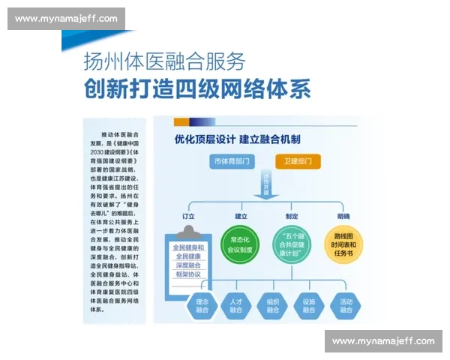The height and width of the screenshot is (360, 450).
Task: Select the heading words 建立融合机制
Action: pyautogui.click(x=270, y=139)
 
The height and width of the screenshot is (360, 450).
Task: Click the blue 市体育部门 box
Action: pyautogui.click(x=233, y=161)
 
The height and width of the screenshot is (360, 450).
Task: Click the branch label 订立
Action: pyautogui.click(x=189, y=217)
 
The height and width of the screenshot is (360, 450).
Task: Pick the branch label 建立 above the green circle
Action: pyautogui.click(x=241, y=217)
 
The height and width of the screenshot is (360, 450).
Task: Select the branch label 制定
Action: pyautogui.click(x=292, y=217)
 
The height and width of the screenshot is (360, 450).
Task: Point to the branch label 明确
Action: pyautogui.click(x=343, y=217)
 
